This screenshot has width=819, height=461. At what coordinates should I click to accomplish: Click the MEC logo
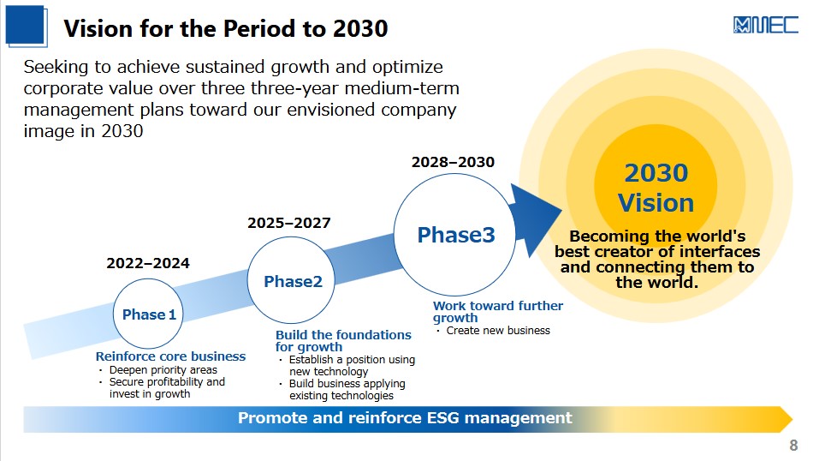(766, 25)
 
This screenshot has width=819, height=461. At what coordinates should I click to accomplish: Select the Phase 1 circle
(148, 314)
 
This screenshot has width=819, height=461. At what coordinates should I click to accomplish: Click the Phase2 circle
(291, 280)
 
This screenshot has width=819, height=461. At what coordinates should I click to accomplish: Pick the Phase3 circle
(455, 235)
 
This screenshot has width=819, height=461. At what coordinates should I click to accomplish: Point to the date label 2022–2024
(148, 263)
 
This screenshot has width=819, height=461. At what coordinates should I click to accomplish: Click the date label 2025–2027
(289, 223)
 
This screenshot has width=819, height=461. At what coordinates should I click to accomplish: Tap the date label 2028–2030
(453, 162)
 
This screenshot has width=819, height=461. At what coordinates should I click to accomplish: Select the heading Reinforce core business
(170, 356)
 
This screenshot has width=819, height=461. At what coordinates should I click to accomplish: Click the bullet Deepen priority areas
(163, 370)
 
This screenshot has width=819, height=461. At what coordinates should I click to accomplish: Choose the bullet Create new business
(498, 330)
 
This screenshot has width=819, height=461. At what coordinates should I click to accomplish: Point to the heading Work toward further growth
(498, 311)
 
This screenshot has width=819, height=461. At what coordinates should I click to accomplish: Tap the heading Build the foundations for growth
(343, 341)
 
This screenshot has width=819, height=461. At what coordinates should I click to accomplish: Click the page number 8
(793, 446)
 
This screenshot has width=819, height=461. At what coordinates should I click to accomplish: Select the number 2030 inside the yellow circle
(656, 173)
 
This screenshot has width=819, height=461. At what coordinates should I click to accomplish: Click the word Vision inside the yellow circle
(656, 203)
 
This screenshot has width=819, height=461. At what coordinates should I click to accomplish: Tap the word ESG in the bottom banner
(443, 418)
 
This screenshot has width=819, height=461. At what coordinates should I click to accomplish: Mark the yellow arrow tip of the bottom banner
(792, 419)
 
